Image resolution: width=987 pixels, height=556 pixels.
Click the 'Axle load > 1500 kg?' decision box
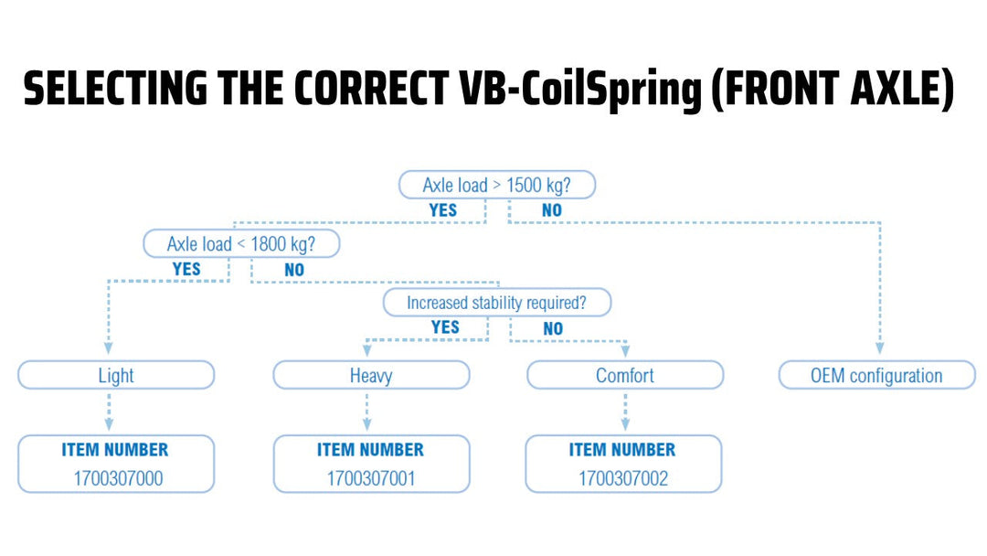pyautogui.click(x=497, y=185)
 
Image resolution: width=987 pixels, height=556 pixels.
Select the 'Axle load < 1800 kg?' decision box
pyautogui.click(x=241, y=244)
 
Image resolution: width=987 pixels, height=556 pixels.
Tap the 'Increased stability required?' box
pyautogui.click(x=496, y=303)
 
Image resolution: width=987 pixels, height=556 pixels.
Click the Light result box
pyautogui.click(x=116, y=375)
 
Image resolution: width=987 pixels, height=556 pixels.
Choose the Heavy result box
pyautogui.click(x=371, y=375)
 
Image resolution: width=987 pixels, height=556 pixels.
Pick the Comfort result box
pyautogui.click(x=625, y=375)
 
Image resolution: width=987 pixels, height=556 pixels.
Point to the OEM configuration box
pyautogui.click(x=876, y=375)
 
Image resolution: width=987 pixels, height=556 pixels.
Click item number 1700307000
pyautogui.click(x=116, y=477)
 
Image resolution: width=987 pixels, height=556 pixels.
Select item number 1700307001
pyautogui.click(x=371, y=477)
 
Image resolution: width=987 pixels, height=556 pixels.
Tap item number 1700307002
pyautogui.click(x=622, y=477)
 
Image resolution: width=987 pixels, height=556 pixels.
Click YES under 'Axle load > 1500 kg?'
pyautogui.click(x=442, y=210)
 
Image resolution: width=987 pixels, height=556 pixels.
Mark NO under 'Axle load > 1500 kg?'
pyautogui.click(x=551, y=210)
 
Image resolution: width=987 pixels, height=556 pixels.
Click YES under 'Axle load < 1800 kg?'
pyautogui.click(x=186, y=270)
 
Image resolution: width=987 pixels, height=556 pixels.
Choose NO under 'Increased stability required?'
pyautogui.click(x=553, y=328)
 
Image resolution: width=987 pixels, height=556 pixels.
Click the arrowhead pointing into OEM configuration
pyautogui.click(x=879, y=348)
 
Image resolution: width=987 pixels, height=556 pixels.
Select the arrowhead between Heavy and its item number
pyautogui.click(x=367, y=424)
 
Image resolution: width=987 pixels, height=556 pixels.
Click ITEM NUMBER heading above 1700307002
pyautogui.click(x=622, y=450)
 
